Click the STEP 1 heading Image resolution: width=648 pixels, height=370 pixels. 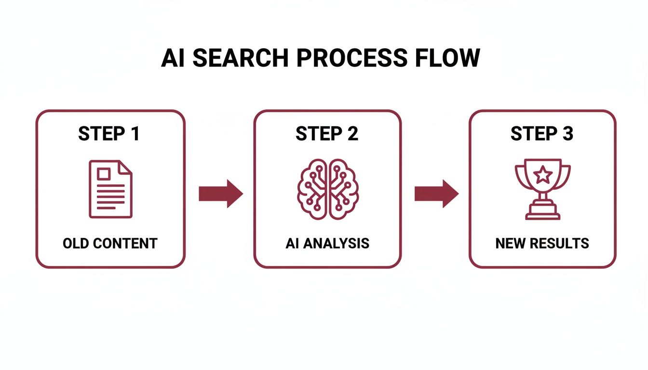tap(109, 134)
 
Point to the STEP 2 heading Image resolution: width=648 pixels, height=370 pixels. tap(327, 134)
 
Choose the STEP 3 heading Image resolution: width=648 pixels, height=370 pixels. tap(542, 134)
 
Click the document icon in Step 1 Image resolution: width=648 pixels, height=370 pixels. tap(110, 189)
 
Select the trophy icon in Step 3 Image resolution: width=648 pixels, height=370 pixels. tap(542, 189)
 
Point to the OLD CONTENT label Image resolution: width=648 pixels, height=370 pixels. tap(110, 243)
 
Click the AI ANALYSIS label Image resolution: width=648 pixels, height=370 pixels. tap(327, 243)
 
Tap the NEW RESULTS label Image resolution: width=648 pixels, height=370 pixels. tap(542, 243)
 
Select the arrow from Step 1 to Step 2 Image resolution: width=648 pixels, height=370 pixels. tap(221, 194)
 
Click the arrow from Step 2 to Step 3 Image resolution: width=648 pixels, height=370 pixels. tap(436, 194)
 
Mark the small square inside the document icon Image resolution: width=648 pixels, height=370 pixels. tap(103, 173)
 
